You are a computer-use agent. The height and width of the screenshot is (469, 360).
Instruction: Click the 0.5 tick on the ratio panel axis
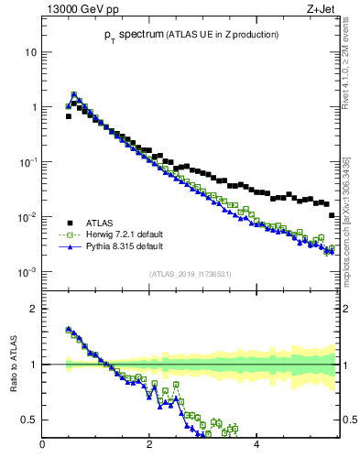tap(28, 420)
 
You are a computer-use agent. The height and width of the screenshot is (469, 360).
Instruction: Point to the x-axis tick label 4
tap(256, 446)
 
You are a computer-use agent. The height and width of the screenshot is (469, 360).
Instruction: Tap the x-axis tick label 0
tap(42, 446)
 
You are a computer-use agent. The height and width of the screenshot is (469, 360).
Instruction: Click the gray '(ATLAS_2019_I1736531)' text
tap(189, 274)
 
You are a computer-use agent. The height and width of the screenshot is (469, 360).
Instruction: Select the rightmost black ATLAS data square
tap(332, 215)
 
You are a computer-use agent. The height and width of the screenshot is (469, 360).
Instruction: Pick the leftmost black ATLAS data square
tap(68, 116)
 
